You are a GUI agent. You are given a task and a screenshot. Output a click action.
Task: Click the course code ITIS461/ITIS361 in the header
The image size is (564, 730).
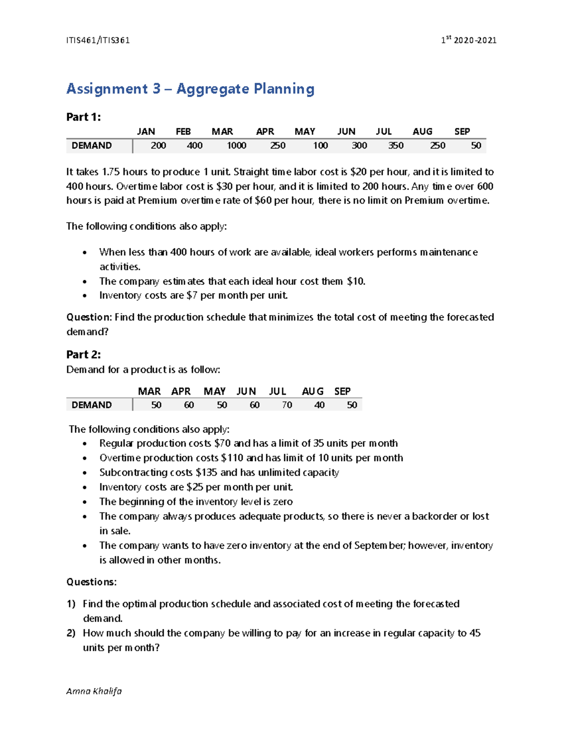point(98,40)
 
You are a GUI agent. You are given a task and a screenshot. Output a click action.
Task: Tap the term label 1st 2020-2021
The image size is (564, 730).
point(469,40)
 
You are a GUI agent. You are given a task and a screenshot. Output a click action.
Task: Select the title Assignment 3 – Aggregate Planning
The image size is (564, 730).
point(190,89)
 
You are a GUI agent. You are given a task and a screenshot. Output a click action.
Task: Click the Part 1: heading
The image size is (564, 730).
point(84,117)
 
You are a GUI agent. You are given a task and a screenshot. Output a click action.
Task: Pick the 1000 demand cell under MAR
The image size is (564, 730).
point(236,146)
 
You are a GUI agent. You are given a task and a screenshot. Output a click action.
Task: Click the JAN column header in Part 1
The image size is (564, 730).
point(146,132)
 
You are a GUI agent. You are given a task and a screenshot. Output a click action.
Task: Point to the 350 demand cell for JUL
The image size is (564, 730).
point(396,146)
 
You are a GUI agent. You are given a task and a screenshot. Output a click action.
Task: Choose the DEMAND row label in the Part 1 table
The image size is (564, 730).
point(92,146)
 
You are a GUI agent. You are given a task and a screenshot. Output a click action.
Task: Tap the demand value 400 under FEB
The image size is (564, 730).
point(195,146)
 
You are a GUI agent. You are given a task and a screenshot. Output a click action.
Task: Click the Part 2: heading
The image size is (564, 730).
point(84,354)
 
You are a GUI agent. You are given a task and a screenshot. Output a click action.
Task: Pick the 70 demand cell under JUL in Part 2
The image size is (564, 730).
point(287,405)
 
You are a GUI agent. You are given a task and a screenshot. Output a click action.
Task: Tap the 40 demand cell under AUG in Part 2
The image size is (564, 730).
point(319,405)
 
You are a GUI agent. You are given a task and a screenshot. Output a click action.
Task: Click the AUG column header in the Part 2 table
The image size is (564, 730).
point(313,392)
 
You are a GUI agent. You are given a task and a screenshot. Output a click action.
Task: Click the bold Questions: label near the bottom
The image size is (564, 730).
point(91,582)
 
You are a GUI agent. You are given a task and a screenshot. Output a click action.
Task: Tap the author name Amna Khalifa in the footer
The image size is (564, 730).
point(94,691)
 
